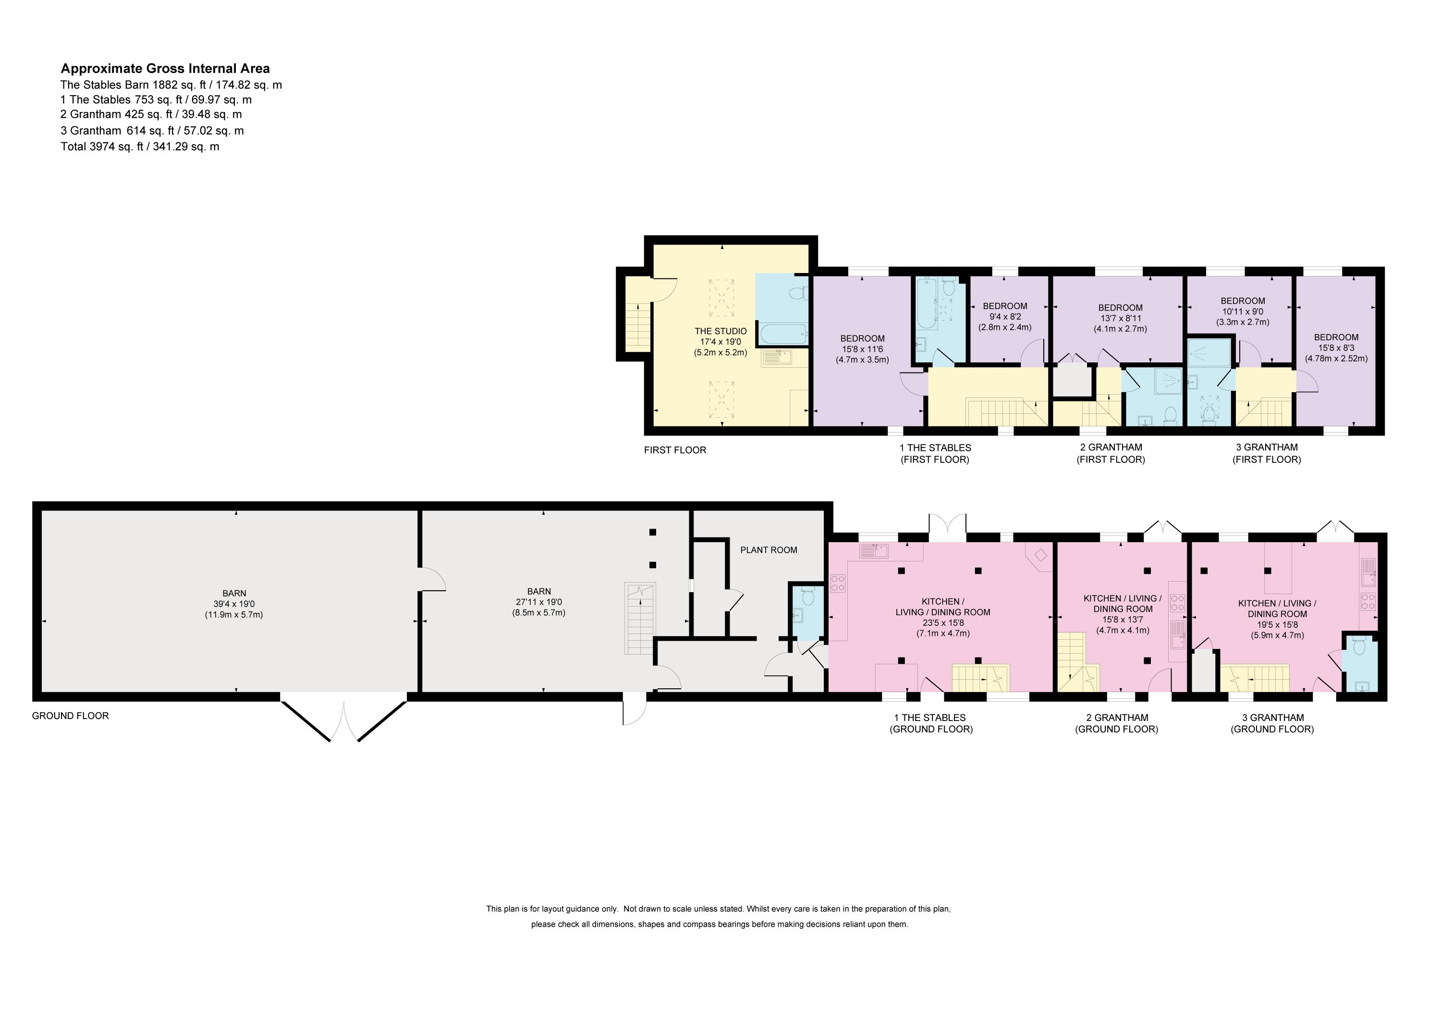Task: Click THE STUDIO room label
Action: (720, 331)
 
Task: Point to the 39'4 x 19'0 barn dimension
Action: (234, 604)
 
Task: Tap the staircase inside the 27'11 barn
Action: (640, 619)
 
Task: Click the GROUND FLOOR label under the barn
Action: (70, 716)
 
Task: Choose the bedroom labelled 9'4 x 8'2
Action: (1005, 317)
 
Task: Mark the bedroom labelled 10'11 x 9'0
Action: (1243, 311)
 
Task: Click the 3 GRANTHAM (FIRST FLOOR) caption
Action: (1267, 453)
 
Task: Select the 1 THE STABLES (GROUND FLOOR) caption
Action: (931, 723)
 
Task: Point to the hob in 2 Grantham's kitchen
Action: (1177, 603)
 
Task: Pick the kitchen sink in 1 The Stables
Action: (874, 551)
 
